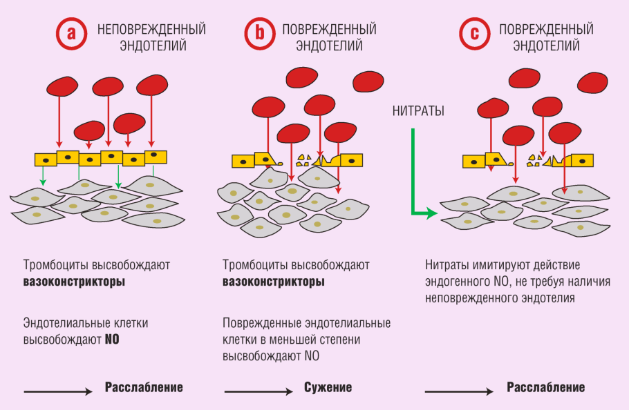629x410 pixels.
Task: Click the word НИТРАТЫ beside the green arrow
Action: tap(418, 111)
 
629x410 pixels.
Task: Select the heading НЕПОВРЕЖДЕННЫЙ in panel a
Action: tap(151, 30)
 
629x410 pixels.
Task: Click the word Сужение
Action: tap(328, 387)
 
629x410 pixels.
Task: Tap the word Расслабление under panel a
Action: tap(144, 387)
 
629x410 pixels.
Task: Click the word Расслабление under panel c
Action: tap(546, 387)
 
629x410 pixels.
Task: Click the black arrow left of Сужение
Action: tap(259, 391)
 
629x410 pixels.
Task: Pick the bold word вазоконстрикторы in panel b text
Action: tap(274, 282)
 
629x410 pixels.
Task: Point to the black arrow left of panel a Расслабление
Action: tap(58, 391)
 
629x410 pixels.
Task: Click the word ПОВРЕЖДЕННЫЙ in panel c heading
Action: tap(546, 30)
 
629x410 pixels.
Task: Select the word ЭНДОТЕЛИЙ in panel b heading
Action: tap(329, 46)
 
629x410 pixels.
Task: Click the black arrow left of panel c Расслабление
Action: tap(459, 391)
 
